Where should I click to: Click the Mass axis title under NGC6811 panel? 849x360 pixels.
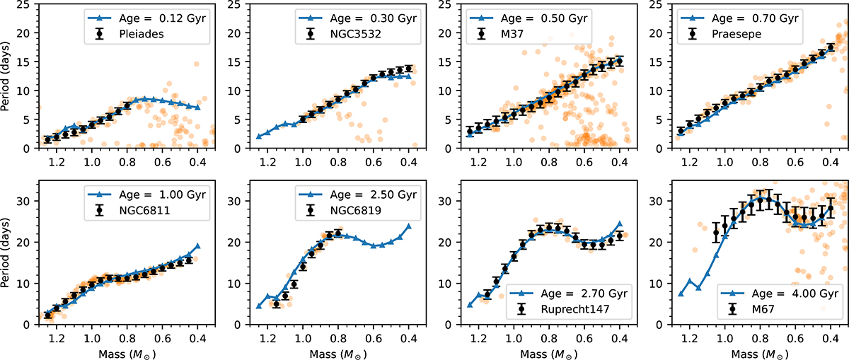click(117, 351)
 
